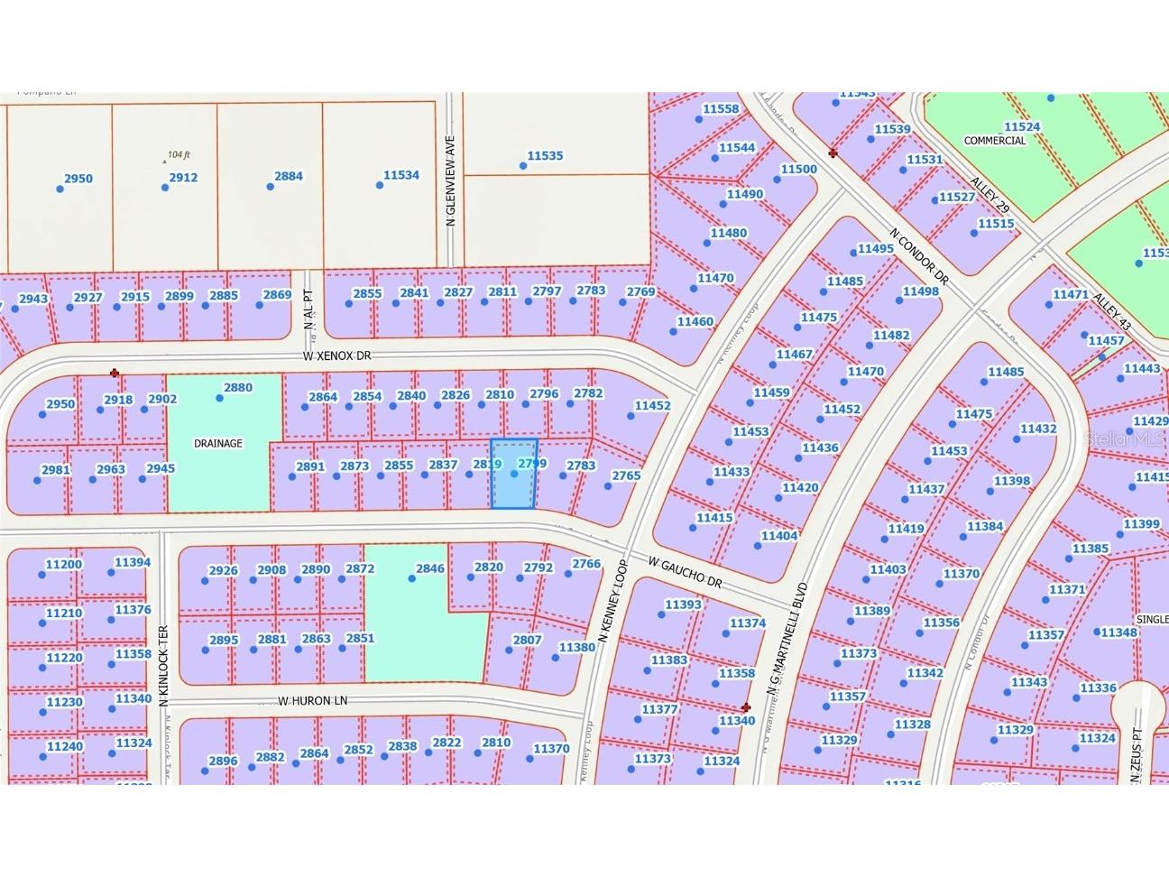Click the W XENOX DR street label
[x=337, y=356]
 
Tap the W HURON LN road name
[x=312, y=700]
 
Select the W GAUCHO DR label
[x=686, y=572]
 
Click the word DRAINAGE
[x=218, y=443]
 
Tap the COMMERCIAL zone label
[x=995, y=141]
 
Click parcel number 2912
[x=183, y=178]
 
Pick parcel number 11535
[x=545, y=156]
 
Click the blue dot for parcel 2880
[x=219, y=398]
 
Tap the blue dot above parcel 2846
[x=412, y=578]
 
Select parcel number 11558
[x=721, y=109]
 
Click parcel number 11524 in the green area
[x=1022, y=127]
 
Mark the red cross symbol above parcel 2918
[x=115, y=373]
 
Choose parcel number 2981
[x=56, y=469]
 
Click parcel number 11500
[x=798, y=169]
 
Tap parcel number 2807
[x=527, y=640]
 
